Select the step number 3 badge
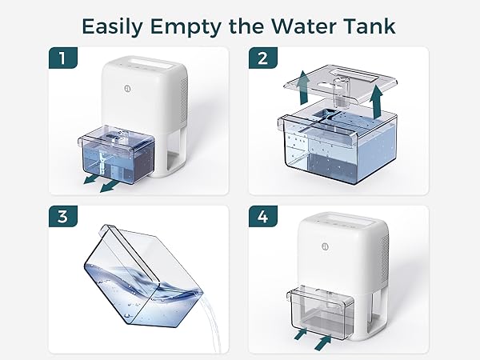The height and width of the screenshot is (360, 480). pyautogui.click(x=62, y=217)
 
